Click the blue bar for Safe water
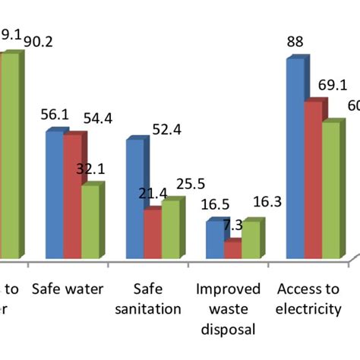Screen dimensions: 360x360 pos(53,196)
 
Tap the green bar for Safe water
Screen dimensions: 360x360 pos(88,222)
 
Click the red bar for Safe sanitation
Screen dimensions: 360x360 pos(151,234)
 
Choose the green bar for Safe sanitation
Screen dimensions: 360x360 pos(169,230)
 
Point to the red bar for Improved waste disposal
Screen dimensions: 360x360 pos(232,250)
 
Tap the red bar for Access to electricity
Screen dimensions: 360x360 pos(312,180)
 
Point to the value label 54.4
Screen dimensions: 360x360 pos(99,118)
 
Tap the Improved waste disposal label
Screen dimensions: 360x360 pos(228,308)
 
